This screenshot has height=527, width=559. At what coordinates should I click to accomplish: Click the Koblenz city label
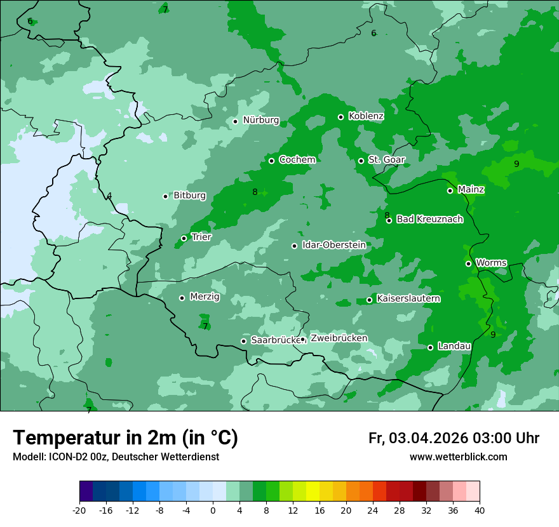click(366, 116)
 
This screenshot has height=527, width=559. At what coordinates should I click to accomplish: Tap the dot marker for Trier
click(184, 238)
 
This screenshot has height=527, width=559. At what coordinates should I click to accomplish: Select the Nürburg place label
click(260, 120)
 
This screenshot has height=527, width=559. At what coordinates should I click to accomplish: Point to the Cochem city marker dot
click(271, 161)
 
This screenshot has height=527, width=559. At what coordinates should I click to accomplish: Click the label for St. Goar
click(386, 160)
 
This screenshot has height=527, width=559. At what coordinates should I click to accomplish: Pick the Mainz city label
click(471, 189)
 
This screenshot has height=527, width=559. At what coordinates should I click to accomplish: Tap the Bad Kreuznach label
click(429, 219)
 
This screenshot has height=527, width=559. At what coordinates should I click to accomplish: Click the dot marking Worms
click(468, 263)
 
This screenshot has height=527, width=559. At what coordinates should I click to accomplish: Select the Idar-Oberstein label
click(333, 244)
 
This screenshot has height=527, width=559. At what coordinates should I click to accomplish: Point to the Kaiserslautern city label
click(408, 298)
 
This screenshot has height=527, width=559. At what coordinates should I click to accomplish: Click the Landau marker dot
click(430, 347)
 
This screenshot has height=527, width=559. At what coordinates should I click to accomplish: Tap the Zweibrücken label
click(339, 338)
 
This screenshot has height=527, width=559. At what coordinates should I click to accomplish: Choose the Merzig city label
click(205, 297)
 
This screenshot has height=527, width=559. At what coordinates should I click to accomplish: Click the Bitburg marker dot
click(165, 196)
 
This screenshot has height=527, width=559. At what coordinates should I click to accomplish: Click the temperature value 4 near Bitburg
click(109, 196)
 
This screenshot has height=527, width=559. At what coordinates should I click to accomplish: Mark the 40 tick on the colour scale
click(479, 510)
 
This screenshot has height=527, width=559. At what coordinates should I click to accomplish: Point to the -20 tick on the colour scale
click(79, 510)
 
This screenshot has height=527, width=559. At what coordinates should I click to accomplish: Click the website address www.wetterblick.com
click(458, 457)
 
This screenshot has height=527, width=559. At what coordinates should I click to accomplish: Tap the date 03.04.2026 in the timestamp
click(429, 438)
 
